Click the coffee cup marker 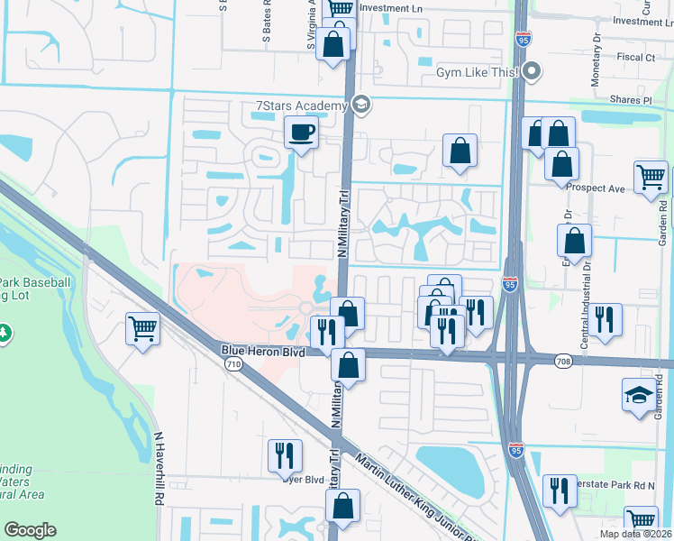coord(301,134)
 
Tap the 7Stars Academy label coord(302,106)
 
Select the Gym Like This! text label coord(478,71)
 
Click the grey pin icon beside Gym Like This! coord(533,70)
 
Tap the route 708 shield coord(563,361)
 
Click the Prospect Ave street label coord(601,188)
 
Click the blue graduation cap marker coord(639,395)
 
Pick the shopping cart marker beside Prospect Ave coord(650,177)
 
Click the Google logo coord(30,530)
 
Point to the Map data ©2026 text coord(636,535)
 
